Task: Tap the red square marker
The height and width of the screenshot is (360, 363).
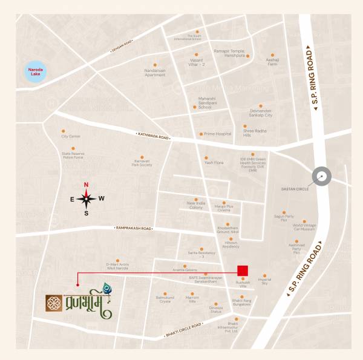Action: (242, 270)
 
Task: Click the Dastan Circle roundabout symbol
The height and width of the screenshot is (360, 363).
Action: (322, 177)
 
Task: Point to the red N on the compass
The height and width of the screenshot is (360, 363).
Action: (86, 185)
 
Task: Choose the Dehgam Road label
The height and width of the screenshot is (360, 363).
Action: (121, 50)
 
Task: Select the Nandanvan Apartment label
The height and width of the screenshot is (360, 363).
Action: (155, 73)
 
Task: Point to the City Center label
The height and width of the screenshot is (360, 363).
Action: (71, 136)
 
